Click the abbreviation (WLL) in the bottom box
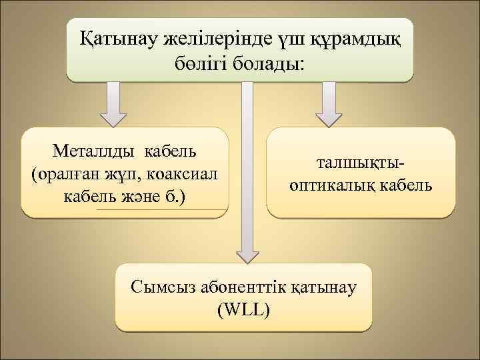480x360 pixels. coord(244,310)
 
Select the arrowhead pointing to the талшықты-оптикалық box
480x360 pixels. coord(329,119)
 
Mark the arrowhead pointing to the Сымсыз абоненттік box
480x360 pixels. coord(247,254)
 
